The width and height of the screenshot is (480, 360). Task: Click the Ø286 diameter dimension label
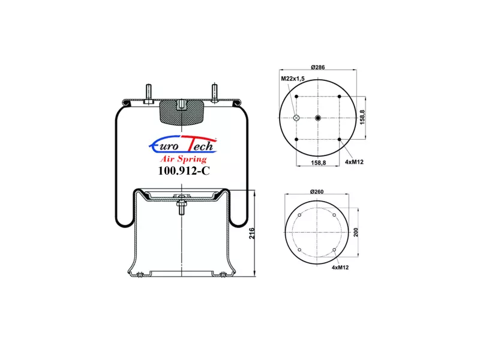click(x=318, y=67)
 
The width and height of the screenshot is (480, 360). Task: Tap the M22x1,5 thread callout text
click(x=293, y=79)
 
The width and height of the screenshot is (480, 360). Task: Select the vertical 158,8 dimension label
click(x=362, y=117)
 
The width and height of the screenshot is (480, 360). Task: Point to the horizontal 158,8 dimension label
click(x=319, y=163)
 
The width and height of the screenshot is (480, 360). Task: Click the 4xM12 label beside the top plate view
click(x=354, y=162)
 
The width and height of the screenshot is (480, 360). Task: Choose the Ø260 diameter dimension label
click(x=317, y=191)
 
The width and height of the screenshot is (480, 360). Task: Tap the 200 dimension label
click(x=356, y=232)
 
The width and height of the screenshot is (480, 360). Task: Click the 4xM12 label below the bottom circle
click(x=340, y=267)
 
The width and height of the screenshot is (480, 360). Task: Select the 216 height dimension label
click(x=251, y=233)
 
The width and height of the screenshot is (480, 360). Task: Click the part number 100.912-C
click(x=184, y=170)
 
